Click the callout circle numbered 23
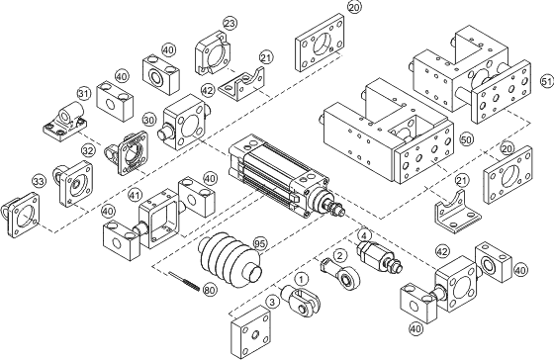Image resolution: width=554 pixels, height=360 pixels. pos(230,23)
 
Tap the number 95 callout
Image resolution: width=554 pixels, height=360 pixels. pos(260,241)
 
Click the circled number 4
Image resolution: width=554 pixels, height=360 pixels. pos(364,235)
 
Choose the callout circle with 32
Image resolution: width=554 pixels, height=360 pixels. pos(88,151)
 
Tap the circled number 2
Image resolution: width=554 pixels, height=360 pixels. pos(339,255)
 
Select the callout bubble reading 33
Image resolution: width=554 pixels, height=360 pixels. pos(39,182)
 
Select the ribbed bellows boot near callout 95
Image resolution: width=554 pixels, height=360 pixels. pos(227,258)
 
